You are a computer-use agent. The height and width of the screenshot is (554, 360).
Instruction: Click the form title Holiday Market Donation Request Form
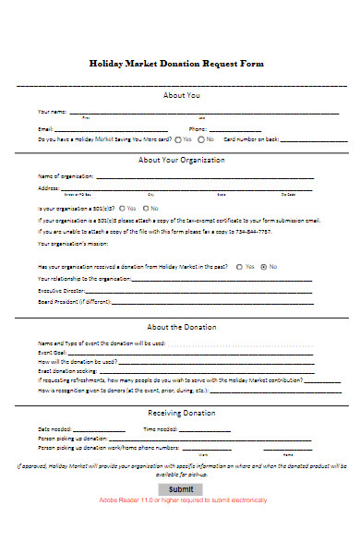[176, 64]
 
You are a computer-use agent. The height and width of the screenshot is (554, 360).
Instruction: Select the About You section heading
[181, 96]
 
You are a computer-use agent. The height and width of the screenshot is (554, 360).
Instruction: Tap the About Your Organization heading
[181, 160]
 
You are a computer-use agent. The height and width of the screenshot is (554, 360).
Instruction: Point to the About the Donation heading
[182, 327]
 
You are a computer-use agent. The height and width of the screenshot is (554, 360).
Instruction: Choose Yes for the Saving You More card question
[176, 139]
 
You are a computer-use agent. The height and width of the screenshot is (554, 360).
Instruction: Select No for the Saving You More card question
[200, 139]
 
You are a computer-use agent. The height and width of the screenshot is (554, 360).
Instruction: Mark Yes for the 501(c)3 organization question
[121, 209]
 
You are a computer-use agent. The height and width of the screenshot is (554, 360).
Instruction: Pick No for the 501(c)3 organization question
[143, 209]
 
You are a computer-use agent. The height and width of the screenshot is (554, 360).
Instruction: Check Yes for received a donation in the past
[239, 266]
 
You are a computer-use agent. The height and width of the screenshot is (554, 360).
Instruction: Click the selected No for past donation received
[263, 266]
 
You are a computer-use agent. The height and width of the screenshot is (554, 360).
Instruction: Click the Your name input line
[203, 114]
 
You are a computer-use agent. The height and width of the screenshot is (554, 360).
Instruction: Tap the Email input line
[111, 129]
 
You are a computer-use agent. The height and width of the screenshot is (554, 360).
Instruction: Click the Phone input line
[277, 129]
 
